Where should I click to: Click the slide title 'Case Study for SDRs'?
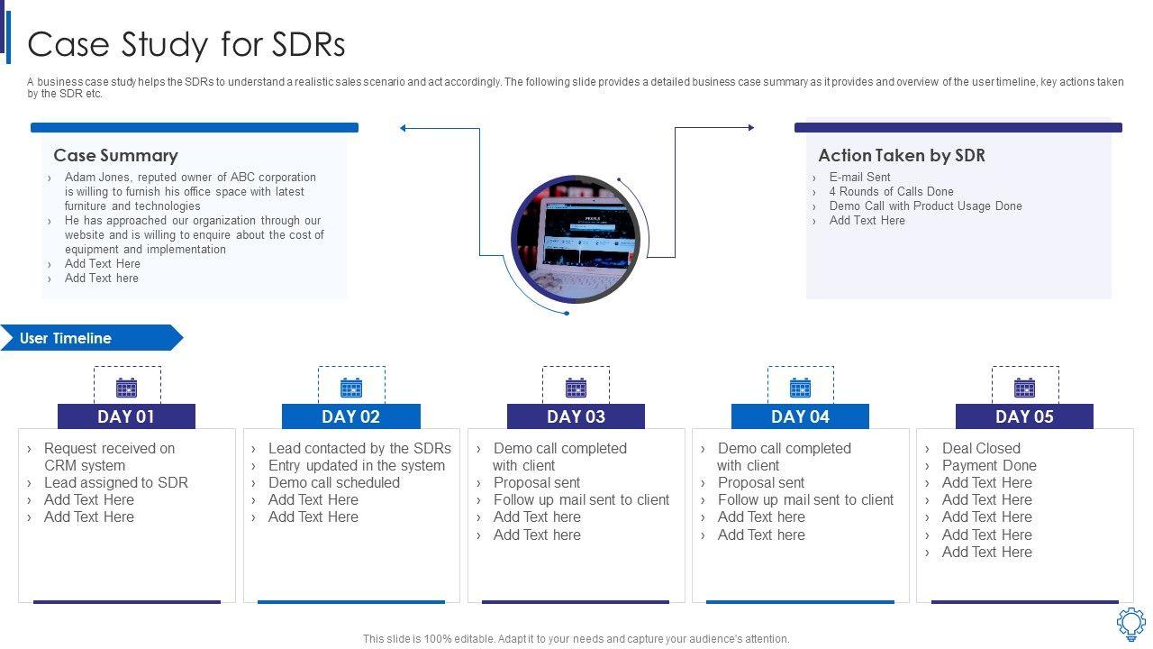pyautogui.click(x=186, y=44)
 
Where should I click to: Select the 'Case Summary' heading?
pyautogui.click(x=115, y=155)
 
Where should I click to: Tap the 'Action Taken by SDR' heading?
pyautogui.click(x=901, y=155)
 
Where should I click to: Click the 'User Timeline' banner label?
pyautogui.click(x=66, y=338)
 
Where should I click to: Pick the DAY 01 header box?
pyautogui.click(x=126, y=416)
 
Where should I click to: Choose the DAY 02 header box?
pyautogui.click(x=350, y=416)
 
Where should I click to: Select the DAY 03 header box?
pyautogui.click(x=576, y=416)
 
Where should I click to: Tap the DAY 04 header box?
pyautogui.click(x=800, y=416)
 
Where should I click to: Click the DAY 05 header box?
pyautogui.click(x=1024, y=416)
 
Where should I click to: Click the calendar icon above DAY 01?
pyautogui.click(x=127, y=388)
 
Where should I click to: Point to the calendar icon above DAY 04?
pyautogui.click(x=800, y=388)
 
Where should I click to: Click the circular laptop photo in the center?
pyautogui.click(x=575, y=239)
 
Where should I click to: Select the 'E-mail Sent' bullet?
pyautogui.click(x=859, y=177)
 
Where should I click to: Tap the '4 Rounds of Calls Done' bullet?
pyautogui.click(x=891, y=191)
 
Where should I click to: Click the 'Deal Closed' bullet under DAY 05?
pyautogui.click(x=981, y=448)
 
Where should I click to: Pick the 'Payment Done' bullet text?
pyautogui.click(x=989, y=465)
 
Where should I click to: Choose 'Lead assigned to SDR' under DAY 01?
pyautogui.click(x=116, y=482)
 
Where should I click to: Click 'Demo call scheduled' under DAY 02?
pyautogui.click(x=333, y=482)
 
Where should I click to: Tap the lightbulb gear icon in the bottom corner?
pyautogui.click(x=1130, y=623)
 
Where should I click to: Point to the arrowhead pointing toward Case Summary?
pyautogui.click(x=404, y=128)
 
